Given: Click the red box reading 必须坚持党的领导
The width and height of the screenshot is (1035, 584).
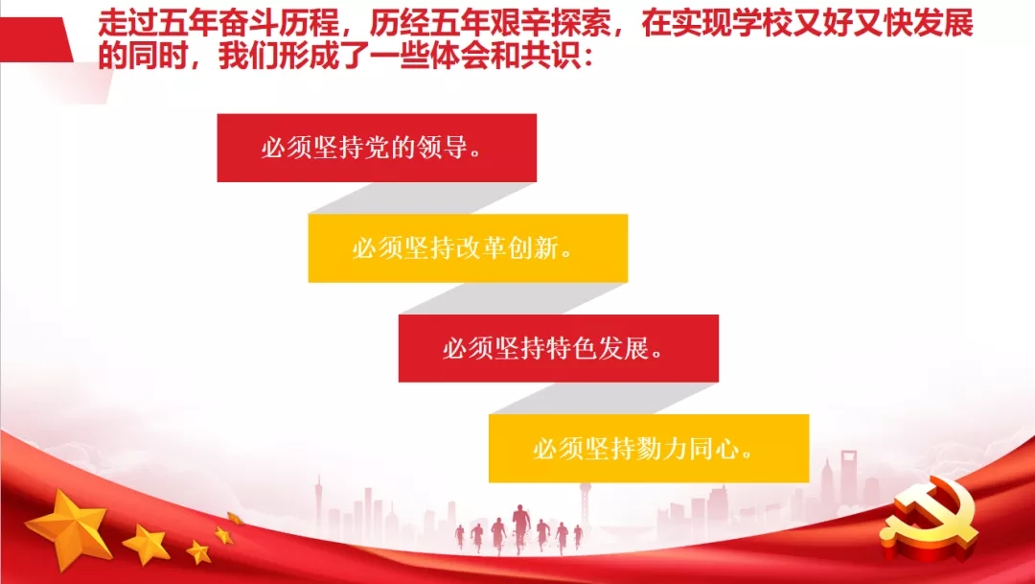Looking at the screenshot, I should pyautogui.click(x=377, y=148).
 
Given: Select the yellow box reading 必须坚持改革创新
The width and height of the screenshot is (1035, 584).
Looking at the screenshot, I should pyautogui.click(x=468, y=248).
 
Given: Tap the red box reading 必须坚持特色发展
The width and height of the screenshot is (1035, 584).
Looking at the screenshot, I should pyautogui.click(x=558, y=348).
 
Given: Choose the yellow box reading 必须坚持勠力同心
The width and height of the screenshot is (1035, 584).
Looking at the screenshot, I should pyautogui.click(x=649, y=449).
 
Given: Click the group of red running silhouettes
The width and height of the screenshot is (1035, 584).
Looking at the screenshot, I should pyautogui.click(x=517, y=532).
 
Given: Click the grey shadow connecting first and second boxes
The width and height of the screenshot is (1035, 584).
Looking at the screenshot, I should pyautogui.click(x=422, y=199).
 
